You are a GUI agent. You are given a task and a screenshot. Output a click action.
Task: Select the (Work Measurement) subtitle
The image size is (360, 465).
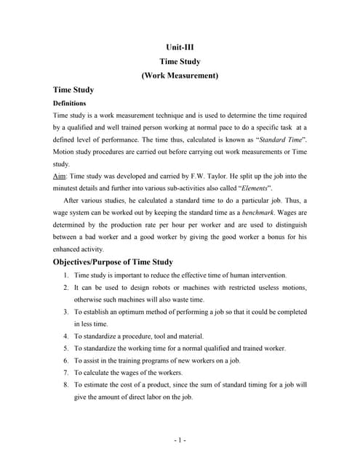(180, 75)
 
